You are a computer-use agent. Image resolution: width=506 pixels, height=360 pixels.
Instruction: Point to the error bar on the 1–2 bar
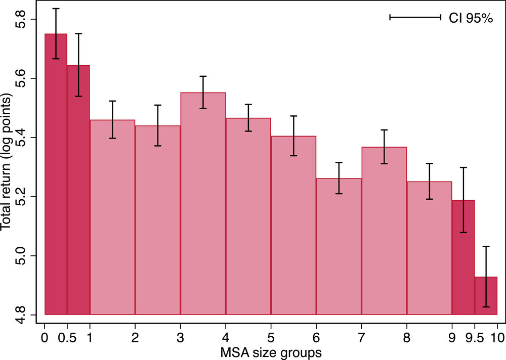112,120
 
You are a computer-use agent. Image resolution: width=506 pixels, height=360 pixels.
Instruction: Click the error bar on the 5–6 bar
293,136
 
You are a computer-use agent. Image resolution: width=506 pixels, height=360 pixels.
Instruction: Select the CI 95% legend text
468,18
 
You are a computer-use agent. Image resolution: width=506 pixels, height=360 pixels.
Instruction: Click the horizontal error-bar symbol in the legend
415,17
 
